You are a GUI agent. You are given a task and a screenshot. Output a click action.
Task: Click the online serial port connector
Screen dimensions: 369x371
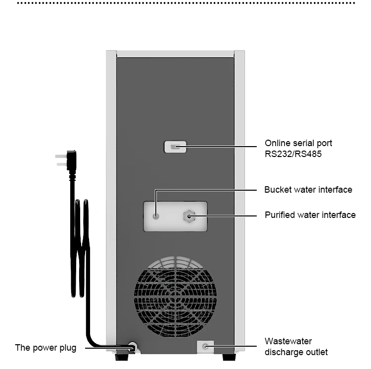(x=175, y=147)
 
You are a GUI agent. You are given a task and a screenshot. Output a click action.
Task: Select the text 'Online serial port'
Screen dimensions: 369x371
(x=298, y=143)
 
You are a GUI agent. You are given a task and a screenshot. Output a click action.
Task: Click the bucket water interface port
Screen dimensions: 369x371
(x=156, y=215)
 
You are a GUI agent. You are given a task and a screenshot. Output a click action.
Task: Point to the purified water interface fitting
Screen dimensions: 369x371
(x=188, y=215)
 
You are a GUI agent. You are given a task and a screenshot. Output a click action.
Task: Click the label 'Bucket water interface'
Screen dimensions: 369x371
(x=308, y=190)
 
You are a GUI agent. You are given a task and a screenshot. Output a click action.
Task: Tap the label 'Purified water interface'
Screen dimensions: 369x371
(x=310, y=215)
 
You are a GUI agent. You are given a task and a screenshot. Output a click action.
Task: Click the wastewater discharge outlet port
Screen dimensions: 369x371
(x=206, y=346)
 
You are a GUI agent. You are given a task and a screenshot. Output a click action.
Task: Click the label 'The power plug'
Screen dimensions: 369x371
(x=46, y=348)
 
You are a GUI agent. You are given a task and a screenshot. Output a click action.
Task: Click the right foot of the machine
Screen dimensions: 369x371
(x=229, y=356)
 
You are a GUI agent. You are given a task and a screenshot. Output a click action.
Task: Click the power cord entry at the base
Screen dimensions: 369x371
(x=132, y=347)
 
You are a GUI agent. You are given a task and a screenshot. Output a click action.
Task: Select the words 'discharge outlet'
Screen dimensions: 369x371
(x=296, y=352)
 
